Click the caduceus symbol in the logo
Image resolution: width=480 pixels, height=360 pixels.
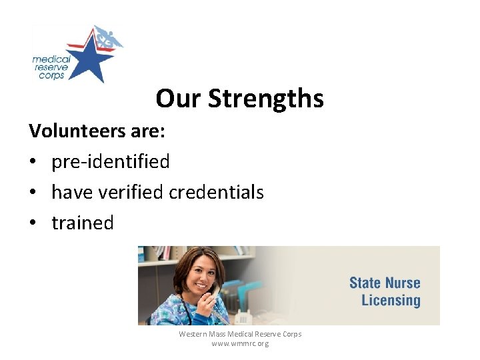point(106,39)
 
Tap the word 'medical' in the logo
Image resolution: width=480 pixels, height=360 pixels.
point(51,59)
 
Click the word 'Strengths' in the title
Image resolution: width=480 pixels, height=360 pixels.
point(265,99)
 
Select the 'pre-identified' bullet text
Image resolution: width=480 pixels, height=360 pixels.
point(110,161)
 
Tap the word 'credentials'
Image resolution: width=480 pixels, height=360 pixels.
point(216,192)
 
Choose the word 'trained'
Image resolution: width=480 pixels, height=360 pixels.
point(83,223)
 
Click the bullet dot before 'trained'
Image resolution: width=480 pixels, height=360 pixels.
point(33,223)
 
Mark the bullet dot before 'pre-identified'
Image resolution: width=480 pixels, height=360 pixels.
point(33,162)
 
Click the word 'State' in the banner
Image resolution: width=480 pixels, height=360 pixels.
point(366,283)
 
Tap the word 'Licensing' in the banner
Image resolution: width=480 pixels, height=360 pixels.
point(391,300)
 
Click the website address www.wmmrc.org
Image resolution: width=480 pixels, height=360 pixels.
point(240,344)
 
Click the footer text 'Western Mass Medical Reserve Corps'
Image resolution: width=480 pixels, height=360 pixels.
point(240,334)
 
